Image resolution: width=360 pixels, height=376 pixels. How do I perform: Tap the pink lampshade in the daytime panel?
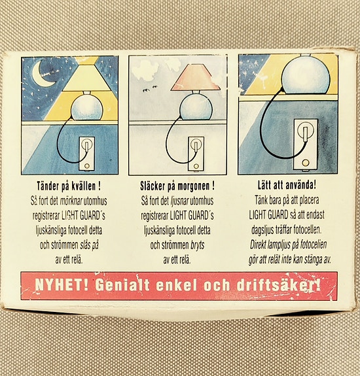pyautogui.click(x=195, y=78)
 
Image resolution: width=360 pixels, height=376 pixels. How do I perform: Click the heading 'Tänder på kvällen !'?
pyautogui.click(x=69, y=186)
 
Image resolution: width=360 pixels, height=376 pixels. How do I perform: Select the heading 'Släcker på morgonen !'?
pyautogui.click(x=177, y=186)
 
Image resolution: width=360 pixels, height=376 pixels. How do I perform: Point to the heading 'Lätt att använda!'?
pyautogui.click(x=287, y=185)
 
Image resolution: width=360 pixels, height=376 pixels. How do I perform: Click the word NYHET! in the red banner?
pyautogui.click(x=62, y=285)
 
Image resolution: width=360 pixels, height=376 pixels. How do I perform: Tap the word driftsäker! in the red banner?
pyautogui.click(x=278, y=285)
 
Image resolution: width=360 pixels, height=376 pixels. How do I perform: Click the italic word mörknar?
pyautogui.click(x=71, y=201)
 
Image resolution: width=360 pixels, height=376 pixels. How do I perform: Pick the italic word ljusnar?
pyautogui.click(x=179, y=201)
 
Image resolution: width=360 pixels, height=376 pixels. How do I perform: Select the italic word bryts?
pyautogui.click(x=198, y=245)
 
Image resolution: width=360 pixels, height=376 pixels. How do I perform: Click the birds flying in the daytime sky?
pyautogui.click(x=149, y=89)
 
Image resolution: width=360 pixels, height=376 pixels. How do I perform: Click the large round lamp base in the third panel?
pyautogui.click(x=306, y=76)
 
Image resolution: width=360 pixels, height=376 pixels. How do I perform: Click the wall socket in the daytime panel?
pyautogui.click(x=196, y=154)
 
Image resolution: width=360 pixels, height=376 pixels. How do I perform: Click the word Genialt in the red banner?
pyautogui.click(x=122, y=285)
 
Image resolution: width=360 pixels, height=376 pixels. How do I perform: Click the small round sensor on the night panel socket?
pyautogui.click(x=87, y=165)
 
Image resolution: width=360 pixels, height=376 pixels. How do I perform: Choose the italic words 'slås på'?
pyautogui.click(x=89, y=245)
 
